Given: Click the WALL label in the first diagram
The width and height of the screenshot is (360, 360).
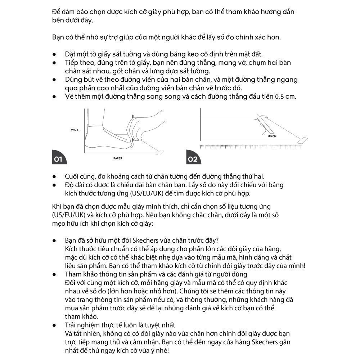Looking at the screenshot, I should click(75, 130).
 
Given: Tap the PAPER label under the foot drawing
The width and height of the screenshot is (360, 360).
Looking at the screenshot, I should click(118, 158).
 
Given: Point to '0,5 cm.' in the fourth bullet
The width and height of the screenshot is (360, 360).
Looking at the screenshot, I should click(286, 96).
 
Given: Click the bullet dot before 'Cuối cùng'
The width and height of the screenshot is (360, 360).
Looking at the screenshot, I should click(55, 177).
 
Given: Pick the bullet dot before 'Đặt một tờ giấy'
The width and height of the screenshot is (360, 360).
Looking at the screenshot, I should click(55, 54).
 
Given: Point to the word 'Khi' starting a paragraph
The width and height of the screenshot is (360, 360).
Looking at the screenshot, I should click(57, 206).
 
